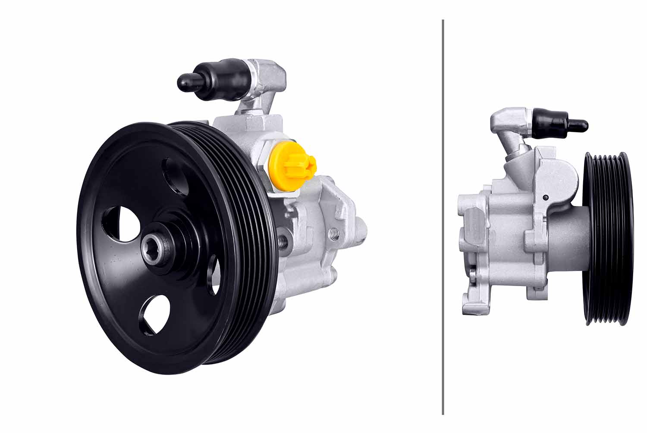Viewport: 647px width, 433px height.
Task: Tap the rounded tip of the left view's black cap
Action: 184,81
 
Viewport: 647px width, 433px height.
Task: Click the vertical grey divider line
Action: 443,215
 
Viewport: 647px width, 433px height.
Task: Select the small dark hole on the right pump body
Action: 546,197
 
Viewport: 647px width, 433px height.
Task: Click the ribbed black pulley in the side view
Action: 608,238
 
